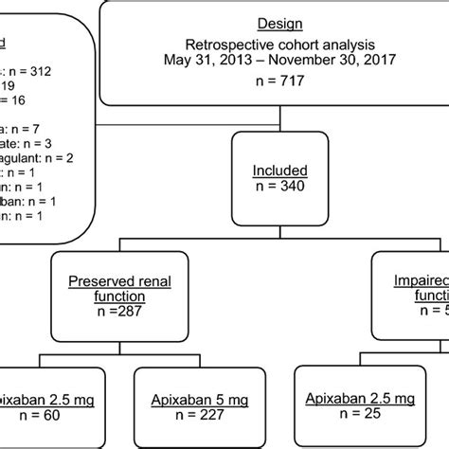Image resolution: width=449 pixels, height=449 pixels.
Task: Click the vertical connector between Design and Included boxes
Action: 278,119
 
